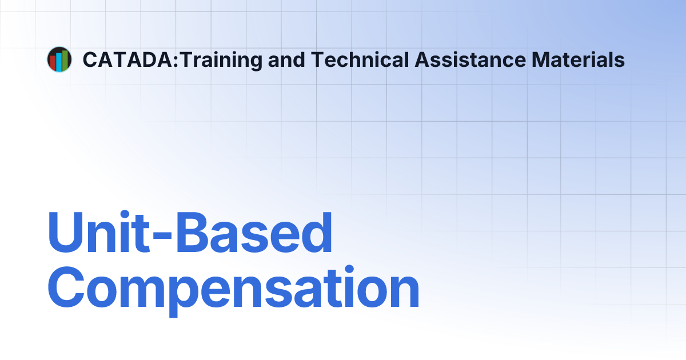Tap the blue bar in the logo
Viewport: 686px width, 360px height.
click(59, 62)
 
